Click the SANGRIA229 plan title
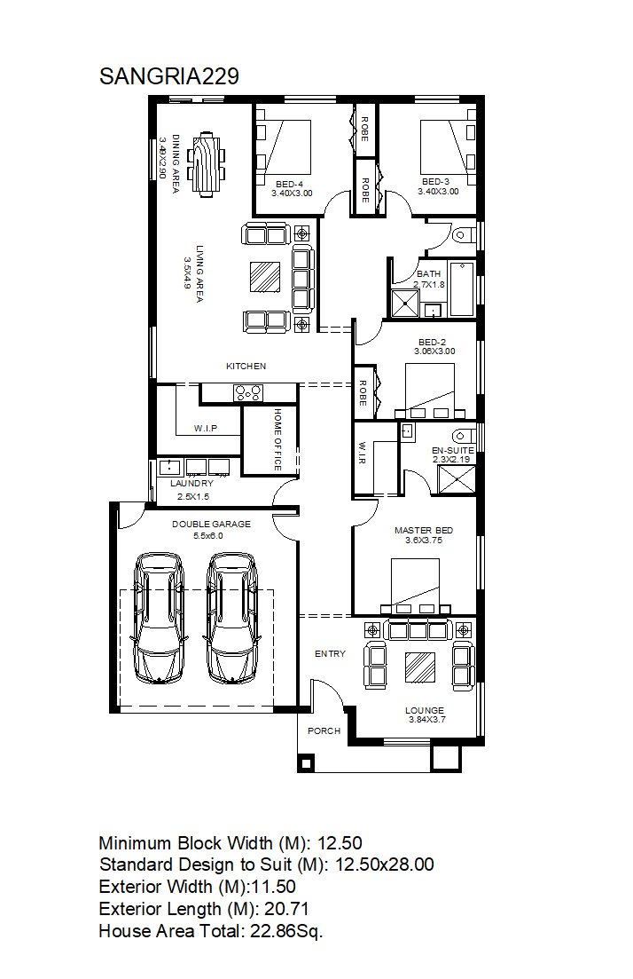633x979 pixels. click(169, 76)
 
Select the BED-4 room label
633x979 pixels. click(290, 185)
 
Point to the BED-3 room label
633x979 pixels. click(435, 182)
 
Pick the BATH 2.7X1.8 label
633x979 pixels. click(429, 279)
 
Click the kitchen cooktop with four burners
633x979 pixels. click(248, 392)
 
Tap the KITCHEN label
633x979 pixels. click(246, 367)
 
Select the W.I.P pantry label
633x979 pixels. click(206, 429)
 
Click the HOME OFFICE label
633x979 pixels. click(277, 439)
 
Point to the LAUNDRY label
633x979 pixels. click(192, 483)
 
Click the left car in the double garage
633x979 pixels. click(159, 618)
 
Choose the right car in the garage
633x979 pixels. click(232, 618)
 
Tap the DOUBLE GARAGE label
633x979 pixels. click(211, 525)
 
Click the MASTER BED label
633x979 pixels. click(424, 531)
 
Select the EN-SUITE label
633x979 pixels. click(453, 450)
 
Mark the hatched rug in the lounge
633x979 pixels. click(420, 667)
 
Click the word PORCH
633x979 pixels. click(324, 730)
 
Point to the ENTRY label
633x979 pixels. click(330, 654)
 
